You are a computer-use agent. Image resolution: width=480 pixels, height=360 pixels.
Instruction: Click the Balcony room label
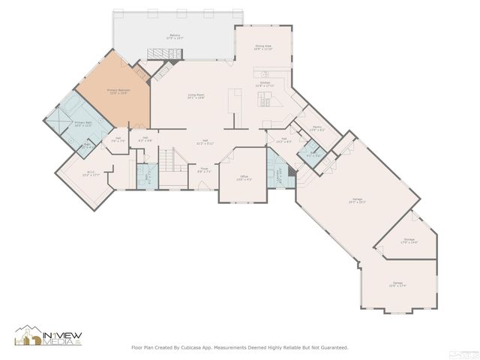pyautogui.click(x=175, y=36)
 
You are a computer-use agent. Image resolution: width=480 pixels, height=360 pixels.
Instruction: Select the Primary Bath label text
pyautogui.click(x=82, y=123)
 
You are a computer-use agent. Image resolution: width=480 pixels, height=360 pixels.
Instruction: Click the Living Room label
pyautogui.click(x=196, y=96)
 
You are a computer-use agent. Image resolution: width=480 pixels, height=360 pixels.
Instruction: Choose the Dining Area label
pyautogui.click(x=262, y=47)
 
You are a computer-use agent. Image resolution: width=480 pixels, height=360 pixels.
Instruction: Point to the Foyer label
pyautogui.click(x=203, y=171)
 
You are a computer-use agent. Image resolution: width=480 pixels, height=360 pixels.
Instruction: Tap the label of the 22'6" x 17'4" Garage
pyautogui.click(x=397, y=285)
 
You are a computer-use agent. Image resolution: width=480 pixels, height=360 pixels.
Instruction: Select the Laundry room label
pyautogui.click(x=279, y=174)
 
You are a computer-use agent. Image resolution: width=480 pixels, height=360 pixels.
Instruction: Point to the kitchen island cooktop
pyautogui.click(x=264, y=73)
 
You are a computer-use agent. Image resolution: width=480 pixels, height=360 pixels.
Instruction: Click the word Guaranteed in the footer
pyautogui.click(x=331, y=347)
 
